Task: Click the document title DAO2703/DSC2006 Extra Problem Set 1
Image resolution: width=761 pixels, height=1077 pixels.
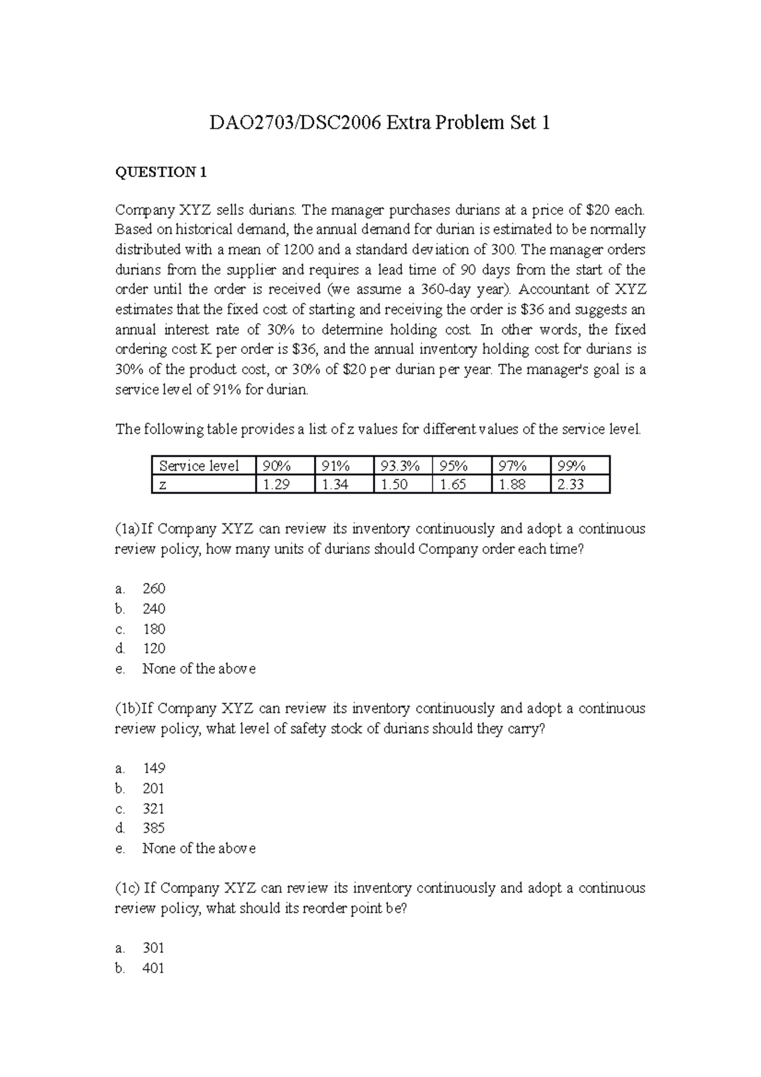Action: click(380, 122)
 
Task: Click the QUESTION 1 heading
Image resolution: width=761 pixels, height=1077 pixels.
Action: click(160, 172)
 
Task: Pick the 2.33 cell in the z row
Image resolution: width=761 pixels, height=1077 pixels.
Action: click(571, 485)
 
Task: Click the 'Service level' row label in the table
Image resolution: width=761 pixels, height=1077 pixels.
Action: click(199, 466)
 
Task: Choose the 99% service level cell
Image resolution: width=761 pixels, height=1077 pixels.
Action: click(571, 466)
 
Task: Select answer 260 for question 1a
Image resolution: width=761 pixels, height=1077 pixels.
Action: click(154, 589)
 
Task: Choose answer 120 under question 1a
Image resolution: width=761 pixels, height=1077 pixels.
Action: click(154, 648)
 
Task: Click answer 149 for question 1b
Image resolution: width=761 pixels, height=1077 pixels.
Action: click(154, 768)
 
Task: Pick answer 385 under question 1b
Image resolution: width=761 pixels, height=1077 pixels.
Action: click(154, 828)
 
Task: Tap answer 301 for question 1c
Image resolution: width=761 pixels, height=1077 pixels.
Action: click(153, 948)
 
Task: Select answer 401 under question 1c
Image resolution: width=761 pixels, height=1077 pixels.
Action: click(153, 968)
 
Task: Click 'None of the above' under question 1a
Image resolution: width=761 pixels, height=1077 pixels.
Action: click(199, 669)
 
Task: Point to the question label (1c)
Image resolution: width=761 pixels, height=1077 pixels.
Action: click(127, 888)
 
